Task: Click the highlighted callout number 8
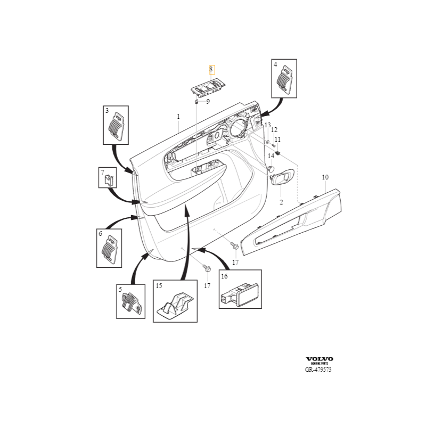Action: (x=211, y=69)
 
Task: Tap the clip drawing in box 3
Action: (x=116, y=127)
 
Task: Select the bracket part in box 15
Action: (x=175, y=305)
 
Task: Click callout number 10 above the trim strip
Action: (x=325, y=177)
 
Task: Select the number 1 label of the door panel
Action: (x=178, y=116)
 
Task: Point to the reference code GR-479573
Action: (x=319, y=369)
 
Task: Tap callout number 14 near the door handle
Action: (x=271, y=155)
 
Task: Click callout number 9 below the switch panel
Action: (x=208, y=101)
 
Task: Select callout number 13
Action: (x=268, y=125)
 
